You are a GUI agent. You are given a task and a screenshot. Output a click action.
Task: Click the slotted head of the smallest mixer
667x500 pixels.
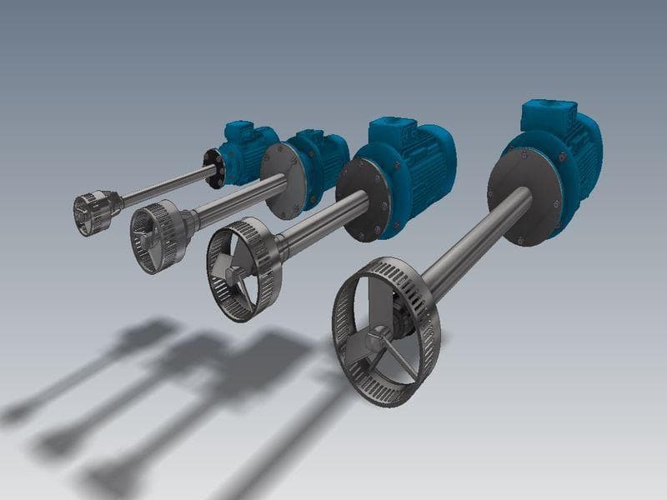point(93,212)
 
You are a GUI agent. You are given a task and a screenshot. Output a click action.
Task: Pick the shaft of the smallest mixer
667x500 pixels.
point(167,185)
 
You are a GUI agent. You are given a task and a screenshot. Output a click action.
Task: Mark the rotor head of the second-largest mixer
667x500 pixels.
point(243,268)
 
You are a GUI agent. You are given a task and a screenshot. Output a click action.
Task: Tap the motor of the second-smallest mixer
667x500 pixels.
point(321,154)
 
